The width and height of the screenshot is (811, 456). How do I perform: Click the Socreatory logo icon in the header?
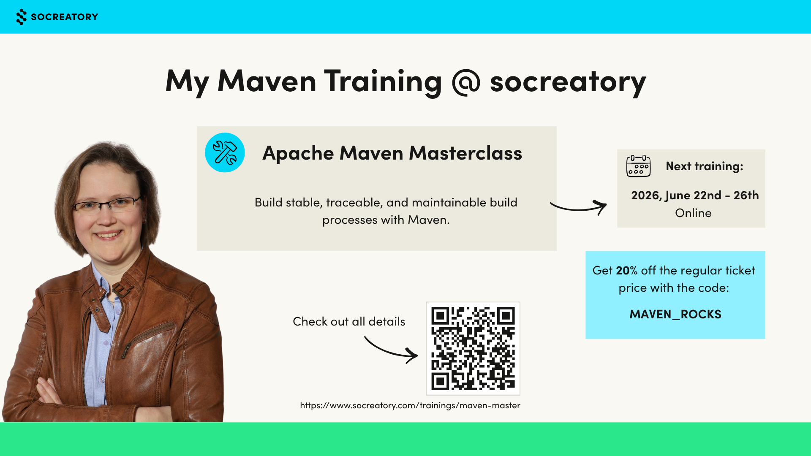pyautogui.click(x=21, y=17)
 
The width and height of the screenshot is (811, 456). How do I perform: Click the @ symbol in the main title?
pyautogui.click(x=466, y=82)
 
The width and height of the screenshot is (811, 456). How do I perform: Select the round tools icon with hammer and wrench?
pyautogui.click(x=225, y=152)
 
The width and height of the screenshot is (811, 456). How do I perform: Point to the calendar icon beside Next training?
pyautogui.click(x=638, y=166)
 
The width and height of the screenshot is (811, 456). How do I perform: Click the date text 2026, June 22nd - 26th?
pyautogui.click(x=695, y=195)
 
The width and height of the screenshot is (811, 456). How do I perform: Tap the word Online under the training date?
pyautogui.click(x=693, y=213)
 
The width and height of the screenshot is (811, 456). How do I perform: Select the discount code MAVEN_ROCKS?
pyautogui.click(x=675, y=315)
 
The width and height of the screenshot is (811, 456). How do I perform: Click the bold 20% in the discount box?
pyautogui.click(x=627, y=270)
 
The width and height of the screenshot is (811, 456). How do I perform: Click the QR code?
pyautogui.click(x=473, y=348)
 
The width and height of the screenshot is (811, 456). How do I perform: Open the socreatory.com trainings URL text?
pyautogui.click(x=410, y=405)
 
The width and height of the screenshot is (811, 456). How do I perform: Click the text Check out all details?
pyautogui.click(x=349, y=322)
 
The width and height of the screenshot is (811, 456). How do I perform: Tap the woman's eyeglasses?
pyautogui.click(x=106, y=205)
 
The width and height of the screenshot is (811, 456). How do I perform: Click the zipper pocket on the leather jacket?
pyautogui.click(x=148, y=338)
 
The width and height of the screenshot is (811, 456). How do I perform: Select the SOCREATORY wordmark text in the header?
pyautogui.click(x=65, y=17)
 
